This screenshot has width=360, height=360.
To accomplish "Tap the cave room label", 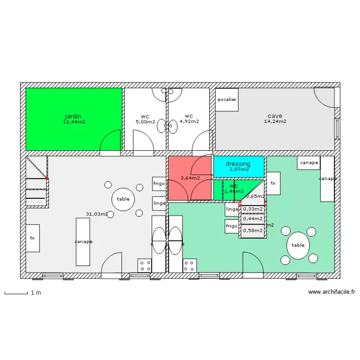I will click(275, 116).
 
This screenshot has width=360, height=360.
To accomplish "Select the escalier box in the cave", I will click(227, 100).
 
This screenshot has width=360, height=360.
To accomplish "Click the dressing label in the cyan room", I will click(238, 164).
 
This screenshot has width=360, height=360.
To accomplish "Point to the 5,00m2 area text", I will click(145, 121).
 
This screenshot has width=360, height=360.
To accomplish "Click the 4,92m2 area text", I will click(189, 121).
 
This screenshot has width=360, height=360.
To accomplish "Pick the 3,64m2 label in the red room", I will click(190, 178).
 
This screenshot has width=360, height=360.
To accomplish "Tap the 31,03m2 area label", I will click(97, 214).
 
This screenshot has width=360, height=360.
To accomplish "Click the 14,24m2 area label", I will click(275, 121).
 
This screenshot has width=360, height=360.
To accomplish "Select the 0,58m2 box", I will click(253, 231).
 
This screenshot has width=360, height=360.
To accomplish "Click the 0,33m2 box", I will click(253, 209).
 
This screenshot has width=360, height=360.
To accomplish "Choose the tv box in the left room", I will click(33, 238).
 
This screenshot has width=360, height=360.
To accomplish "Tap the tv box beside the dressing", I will click(273, 183).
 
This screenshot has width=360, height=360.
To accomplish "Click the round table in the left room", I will click(123, 199).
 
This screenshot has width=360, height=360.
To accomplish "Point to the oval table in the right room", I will click(298, 245).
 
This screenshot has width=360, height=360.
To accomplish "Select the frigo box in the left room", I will click(159, 184).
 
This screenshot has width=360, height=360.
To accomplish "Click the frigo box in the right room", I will click(231, 226).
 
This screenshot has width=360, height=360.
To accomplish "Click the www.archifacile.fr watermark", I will click(332, 291).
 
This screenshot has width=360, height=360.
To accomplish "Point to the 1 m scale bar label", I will click(36, 292).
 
